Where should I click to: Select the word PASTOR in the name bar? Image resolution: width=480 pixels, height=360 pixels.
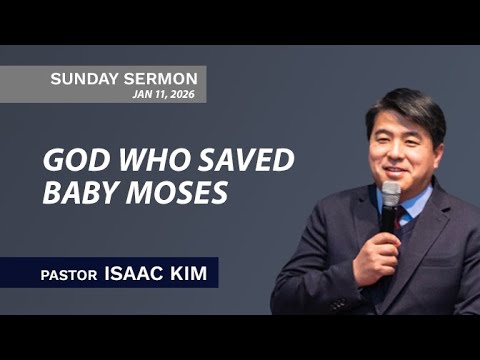pyautogui.click(x=68, y=274)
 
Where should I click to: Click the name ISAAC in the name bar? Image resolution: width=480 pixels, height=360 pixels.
pyautogui.click(x=133, y=273)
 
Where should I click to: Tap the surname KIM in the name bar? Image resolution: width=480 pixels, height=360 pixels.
pyautogui.click(x=189, y=273)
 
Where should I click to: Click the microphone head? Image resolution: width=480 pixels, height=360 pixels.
pyautogui.click(x=390, y=193)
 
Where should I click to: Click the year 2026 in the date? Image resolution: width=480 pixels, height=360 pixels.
pyautogui.click(x=182, y=94)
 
